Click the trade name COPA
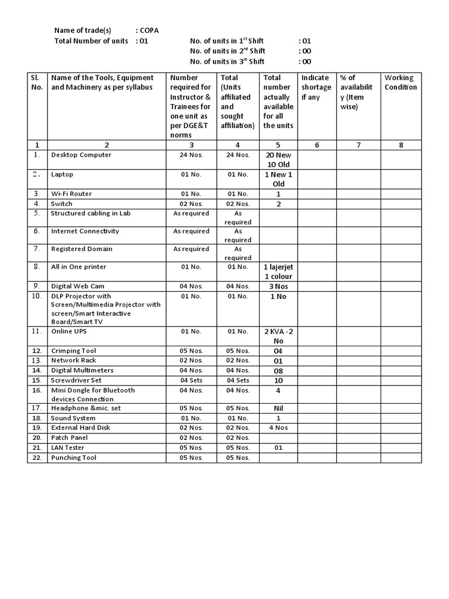pyautogui.click(x=149, y=30)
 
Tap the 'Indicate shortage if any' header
pyautogui.click(x=316, y=87)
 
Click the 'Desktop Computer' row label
pyautogui.click(x=81, y=155)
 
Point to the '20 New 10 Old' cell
pyautogui.click(x=278, y=160)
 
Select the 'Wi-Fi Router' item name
pyautogui.click(x=71, y=194)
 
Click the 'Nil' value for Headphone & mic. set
pyautogui.click(x=278, y=408)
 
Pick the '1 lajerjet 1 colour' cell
pyautogui.click(x=278, y=271)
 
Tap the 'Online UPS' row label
pyautogui.click(x=70, y=331)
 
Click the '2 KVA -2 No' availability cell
pyautogui.click(x=278, y=336)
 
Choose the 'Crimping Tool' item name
pyautogui.click(x=74, y=351)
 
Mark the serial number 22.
pyautogui.click(x=36, y=458)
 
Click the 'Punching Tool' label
pyautogui.click(x=74, y=458)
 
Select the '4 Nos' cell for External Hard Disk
pyautogui.click(x=278, y=428)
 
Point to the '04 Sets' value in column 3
pyautogui.click(x=191, y=380)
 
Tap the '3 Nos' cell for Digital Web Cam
pyautogui.click(x=278, y=286)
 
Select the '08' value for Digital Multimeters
pyautogui.click(x=278, y=370)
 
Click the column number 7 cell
pyautogui.click(x=358, y=145)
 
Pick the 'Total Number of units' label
pyautogui.click(x=91, y=41)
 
